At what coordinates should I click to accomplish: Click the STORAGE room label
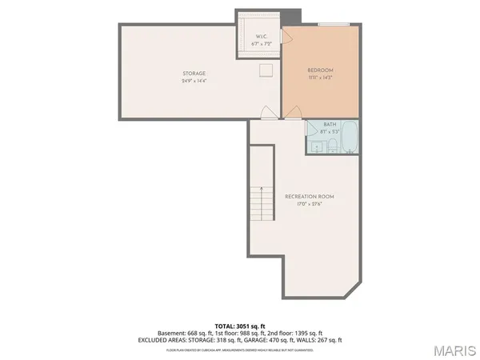(194, 74)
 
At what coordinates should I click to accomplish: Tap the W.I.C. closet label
(261, 37)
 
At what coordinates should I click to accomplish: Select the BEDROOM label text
(320, 70)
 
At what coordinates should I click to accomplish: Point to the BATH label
(330, 124)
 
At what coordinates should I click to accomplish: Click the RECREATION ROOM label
(309, 197)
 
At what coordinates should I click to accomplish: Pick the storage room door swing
(269, 111)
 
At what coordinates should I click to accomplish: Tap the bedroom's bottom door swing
(294, 111)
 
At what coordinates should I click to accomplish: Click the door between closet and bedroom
(281, 48)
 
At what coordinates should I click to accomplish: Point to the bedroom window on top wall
(329, 25)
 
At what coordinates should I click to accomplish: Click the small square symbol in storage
(264, 70)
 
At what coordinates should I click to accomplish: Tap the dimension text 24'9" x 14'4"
(194, 81)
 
